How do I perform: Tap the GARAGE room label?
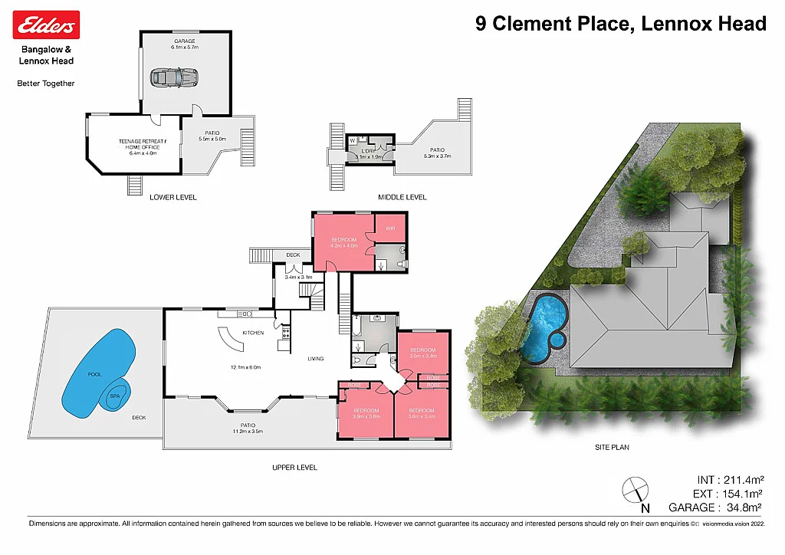(x=185, y=41)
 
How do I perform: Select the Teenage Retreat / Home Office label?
(x=139, y=144)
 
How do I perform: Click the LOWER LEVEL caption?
(x=173, y=197)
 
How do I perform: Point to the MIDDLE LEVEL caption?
(x=402, y=197)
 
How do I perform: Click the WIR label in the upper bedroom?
(x=389, y=228)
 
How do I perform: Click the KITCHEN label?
(x=253, y=333)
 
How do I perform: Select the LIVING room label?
(x=316, y=358)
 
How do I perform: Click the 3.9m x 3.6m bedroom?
(x=366, y=413)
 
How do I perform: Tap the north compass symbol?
(x=636, y=491)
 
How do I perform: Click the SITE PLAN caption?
(x=612, y=447)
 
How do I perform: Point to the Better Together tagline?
(x=46, y=83)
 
